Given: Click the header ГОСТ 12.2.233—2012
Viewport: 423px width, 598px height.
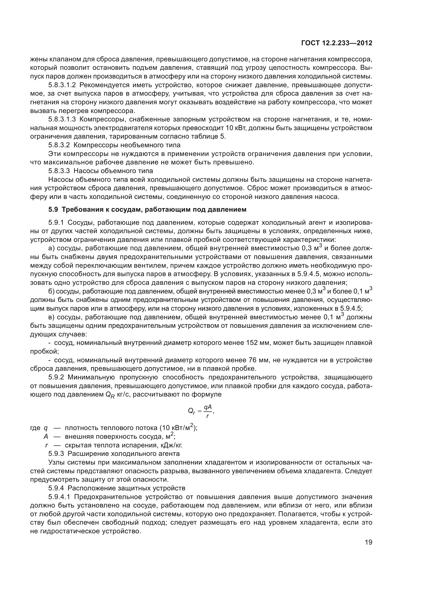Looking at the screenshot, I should tap(337, 43).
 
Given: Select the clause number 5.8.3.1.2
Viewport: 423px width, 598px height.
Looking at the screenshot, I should tap(62, 85).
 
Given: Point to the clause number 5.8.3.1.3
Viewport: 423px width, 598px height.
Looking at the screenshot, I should tap(62, 120).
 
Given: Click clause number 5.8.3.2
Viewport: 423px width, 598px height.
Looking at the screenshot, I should tap(59, 145).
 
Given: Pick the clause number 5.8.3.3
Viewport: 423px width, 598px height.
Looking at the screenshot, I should tap(59, 171).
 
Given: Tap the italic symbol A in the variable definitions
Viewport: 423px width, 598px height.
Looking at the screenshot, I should tap(46, 436).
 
